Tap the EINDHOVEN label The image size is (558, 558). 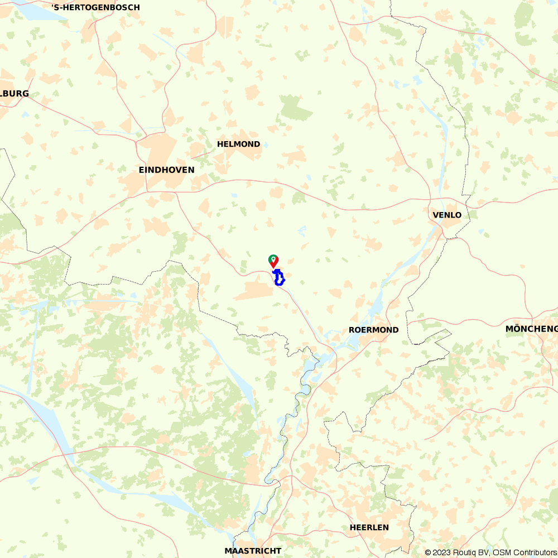(167, 170)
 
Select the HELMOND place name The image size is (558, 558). (238, 144)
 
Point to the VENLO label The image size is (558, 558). (447, 215)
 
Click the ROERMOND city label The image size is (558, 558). (373, 330)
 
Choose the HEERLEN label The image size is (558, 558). (369, 527)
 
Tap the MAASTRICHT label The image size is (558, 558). (253, 551)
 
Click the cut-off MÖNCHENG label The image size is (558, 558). (531, 329)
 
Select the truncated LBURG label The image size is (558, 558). (15, 94)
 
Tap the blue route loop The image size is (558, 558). (279, 277)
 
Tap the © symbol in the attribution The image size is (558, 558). (428, 552)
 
